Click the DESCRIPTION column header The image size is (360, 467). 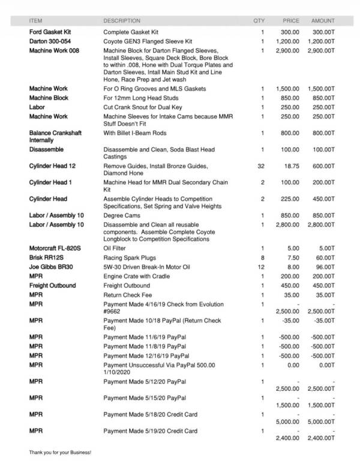pyautogui.click(x=122, y=20)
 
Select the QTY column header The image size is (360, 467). pyautogui.click(x=259, y=20)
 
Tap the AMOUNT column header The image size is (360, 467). pyautogui.click(x=323, y=20)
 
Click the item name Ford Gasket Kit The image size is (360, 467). pyautogui.click(x=50, y=31)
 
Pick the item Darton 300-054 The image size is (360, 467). pyautogui.click(x=50, y=41)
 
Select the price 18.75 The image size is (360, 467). pyautogui.click(x=291, y=165)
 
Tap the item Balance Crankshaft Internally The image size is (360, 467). pyautogui.click(x=55, y=136)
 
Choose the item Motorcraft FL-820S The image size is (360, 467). pyautogui.click(x=55, y=248)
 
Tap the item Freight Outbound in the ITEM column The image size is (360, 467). pyautogui.click(x=52, y=286)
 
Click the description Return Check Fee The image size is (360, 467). pyautogui.click(x=127, y=295)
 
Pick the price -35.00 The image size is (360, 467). pyautogui.click(x=290, y=321)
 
